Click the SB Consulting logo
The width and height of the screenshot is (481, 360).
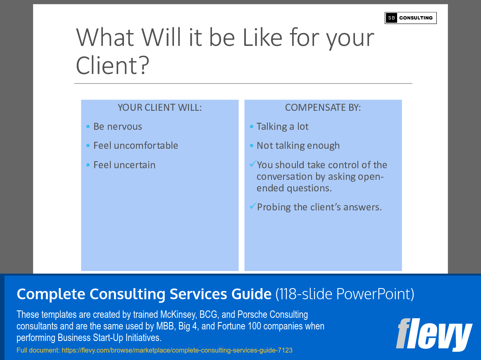(x=410, y=18)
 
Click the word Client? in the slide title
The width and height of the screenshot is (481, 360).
(x=112, y=65)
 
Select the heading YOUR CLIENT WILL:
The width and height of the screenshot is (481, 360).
(x=160, y=107)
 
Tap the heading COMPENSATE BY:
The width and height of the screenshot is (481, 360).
(x=323, y=107)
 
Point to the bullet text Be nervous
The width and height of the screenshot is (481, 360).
(x=118, y=126)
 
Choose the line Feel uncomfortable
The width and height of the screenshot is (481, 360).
(x=136, y=145)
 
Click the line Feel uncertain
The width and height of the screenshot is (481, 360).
(x=124, y=165)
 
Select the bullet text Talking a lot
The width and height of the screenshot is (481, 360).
(x=283, y=126)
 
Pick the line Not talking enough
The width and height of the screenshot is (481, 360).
(x=298, y=145)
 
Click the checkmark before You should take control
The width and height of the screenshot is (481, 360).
(x=252, y=164)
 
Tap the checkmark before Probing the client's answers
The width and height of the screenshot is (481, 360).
(x=252, y=206)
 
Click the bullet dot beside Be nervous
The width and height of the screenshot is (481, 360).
(x=88, y=126)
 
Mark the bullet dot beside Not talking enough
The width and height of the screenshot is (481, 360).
(x=252, y=145)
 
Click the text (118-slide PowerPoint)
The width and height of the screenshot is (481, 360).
(x=345, y=294)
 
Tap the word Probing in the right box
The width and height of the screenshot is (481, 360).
(x=274, y=207)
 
